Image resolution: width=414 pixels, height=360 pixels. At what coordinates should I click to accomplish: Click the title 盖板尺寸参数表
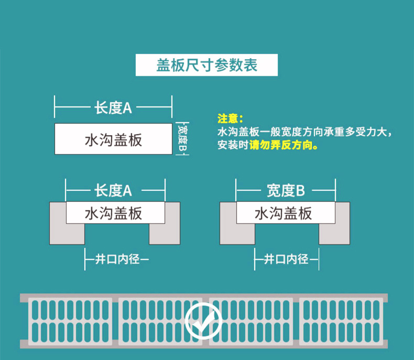point(206,65)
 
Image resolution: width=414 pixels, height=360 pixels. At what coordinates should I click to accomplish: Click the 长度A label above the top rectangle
point(113,108)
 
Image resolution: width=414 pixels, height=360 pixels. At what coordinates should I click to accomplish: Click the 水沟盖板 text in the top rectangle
point(113,140)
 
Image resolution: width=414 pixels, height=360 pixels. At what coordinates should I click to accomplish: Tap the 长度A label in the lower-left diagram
point(113,190)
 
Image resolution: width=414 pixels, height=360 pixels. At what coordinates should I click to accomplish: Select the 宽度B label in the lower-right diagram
point(285,190)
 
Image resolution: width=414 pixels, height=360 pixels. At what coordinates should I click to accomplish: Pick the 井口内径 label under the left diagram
point(118,258)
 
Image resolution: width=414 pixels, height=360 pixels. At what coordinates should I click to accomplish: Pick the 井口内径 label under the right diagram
point(287,258)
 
